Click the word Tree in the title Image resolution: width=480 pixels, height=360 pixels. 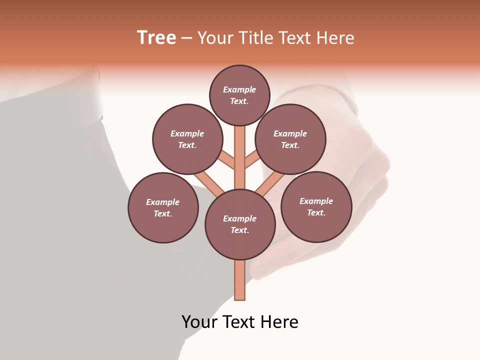(156, 38)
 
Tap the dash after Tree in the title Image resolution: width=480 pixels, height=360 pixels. (186, 38)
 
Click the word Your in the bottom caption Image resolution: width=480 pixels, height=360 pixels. (200, 322)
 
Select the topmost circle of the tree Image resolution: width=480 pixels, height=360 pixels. (239, 95)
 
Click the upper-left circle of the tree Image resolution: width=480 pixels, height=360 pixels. (187, 139)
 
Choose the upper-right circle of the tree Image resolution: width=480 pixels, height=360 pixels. (290, 139)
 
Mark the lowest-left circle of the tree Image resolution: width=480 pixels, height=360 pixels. (163, 207)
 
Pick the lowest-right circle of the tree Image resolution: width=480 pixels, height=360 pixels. (316, 206)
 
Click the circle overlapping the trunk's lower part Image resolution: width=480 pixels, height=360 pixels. (240, 224)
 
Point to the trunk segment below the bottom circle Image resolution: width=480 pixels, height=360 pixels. (240, 280)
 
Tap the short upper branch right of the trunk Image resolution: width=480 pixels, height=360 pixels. (252, 160)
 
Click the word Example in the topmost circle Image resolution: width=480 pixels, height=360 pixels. (239, 89)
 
